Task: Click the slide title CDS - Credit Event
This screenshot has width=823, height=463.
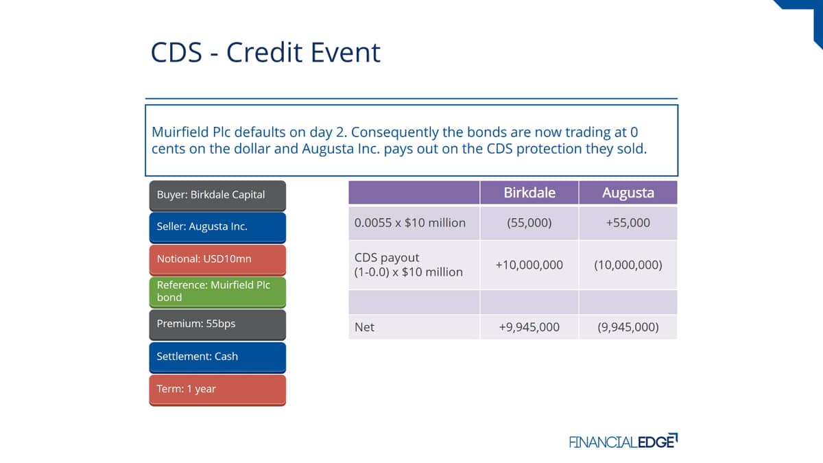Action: pyautogui.click(x=265, y=52)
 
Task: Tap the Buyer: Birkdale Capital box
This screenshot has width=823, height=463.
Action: pyautogui.click(x=217, y=195)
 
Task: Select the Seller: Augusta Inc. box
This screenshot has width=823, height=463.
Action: pyautogui.click(x=217, y=228)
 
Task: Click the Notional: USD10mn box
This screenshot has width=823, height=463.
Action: pyautogui.click(x=217, y=260)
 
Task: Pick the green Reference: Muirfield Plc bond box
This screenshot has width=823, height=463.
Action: pyautogui.click(x=217, y=292)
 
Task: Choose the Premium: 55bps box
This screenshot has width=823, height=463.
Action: pyautogui.click(x=217, y=324)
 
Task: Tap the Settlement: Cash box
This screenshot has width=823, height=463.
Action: pyautogui.click(x=217, y=357)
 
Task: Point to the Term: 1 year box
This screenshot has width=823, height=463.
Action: pyautogui.click(x=217, y=390)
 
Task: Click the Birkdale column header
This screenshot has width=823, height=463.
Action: pyautogui.click(x=529, y=193)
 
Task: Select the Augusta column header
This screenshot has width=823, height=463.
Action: pyautogui.click(x=628, y=193)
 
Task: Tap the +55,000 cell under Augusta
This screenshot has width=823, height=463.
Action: pyautogui.click(x=628, y=223)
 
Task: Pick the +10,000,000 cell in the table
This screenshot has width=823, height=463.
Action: pyautogui.click(x=529, y=265)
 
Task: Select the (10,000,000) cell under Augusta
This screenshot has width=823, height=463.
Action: pyautogui.click(x=628, y=265)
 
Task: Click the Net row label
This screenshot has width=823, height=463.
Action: pyautogui.click(x=364, y=327)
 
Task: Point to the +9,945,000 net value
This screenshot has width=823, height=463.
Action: pyautogui.click(x=529, y=327)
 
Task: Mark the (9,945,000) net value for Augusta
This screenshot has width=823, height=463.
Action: pyautogui.click(x=628, y=327)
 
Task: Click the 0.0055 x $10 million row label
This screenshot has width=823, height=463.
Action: pyautogui.click(x=409, y=223)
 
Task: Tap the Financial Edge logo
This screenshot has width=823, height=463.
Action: pyautogui.click(x=623, y=441)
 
